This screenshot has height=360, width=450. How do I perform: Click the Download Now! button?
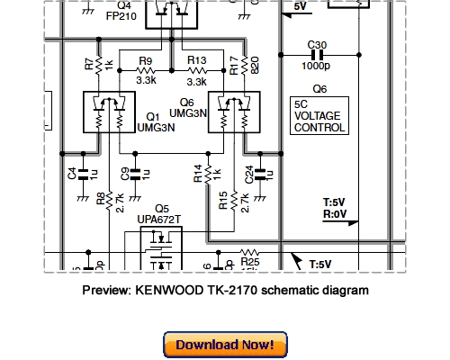point(224,345)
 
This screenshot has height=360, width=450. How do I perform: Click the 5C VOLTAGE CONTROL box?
point(319,116)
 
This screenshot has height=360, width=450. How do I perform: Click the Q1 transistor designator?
point(152,116)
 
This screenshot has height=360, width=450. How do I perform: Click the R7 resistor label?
point(88,65)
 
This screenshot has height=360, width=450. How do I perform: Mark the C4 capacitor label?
point(72,172)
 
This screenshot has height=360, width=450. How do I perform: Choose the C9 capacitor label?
point(123,172)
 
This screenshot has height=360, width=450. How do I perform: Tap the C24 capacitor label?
point(249,173)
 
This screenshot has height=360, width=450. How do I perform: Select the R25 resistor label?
point(249,262)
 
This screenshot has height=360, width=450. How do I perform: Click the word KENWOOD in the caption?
point(172,291)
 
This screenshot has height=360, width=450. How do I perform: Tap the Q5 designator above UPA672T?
point(162,208)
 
